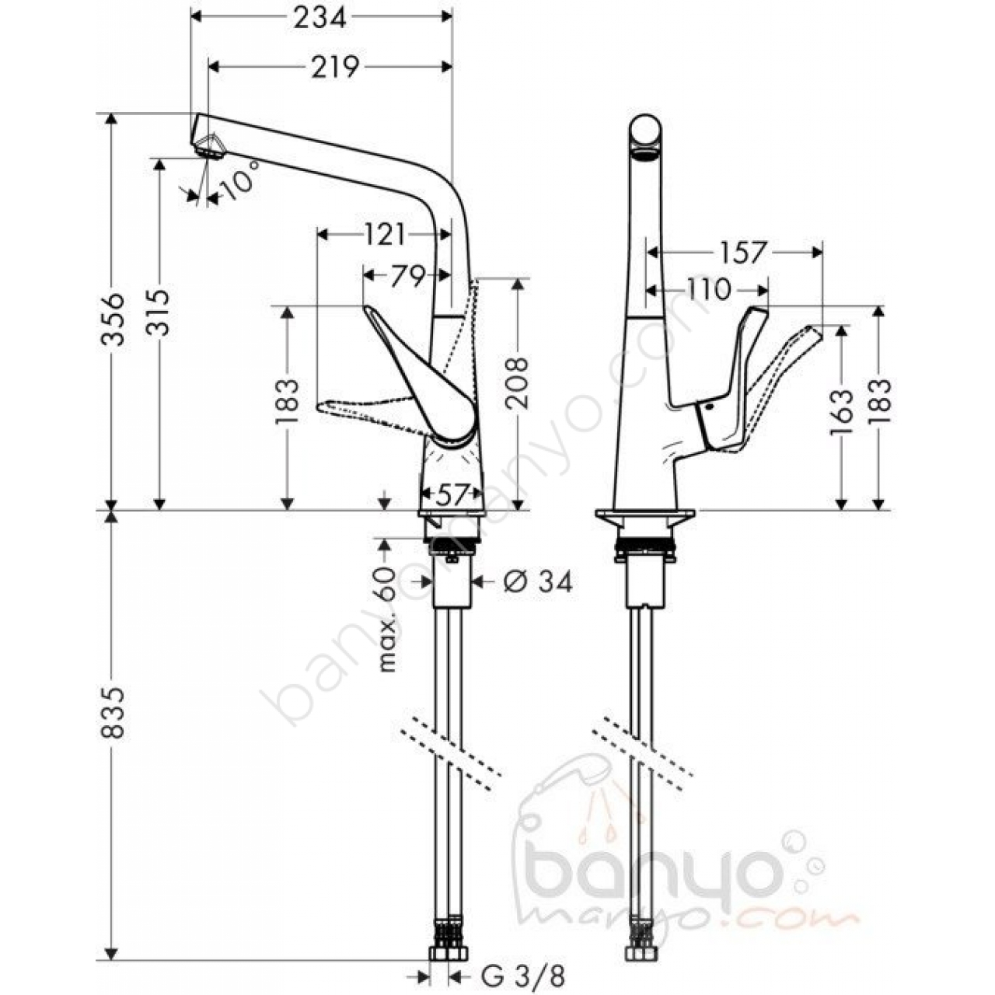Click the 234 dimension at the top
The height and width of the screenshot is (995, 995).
tap(320, 18)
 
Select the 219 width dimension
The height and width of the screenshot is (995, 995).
tap(334, 67)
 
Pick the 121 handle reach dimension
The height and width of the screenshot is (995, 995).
tap(385, 235)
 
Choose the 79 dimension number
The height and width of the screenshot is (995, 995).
tap(407, 276)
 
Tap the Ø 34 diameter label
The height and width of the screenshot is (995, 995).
tap(537, 582)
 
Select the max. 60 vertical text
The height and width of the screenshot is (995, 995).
tap(387, 619)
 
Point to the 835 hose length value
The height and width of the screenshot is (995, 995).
tap(113, 712)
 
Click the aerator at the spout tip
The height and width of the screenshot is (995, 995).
tap(208, 150)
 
